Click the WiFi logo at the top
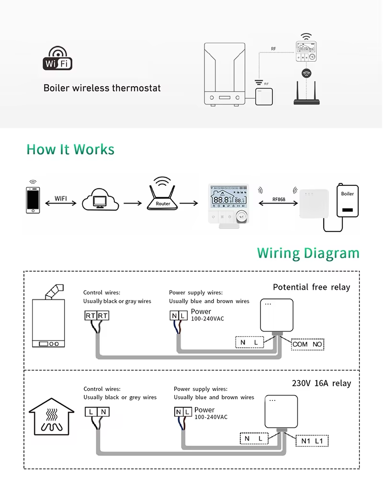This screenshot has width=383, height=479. click(x=57, y=59)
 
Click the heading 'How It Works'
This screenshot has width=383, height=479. click(x=70, y=149)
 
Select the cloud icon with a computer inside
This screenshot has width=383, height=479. click(x=100, y=200)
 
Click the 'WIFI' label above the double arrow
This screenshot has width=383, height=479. click(x=61, y=198)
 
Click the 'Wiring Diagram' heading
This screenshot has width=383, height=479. click(x=308, y=253)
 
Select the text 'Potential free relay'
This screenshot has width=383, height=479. click(x=311, y=287)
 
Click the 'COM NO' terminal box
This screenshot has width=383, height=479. click(x=308, y=344)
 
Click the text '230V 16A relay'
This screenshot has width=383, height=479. click(x=321, y=383)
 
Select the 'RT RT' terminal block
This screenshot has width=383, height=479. click(x=97, y=316)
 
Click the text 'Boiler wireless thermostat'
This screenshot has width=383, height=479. click(x=102, y=88)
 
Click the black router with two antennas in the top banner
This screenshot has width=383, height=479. click(x=306, y=95)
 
